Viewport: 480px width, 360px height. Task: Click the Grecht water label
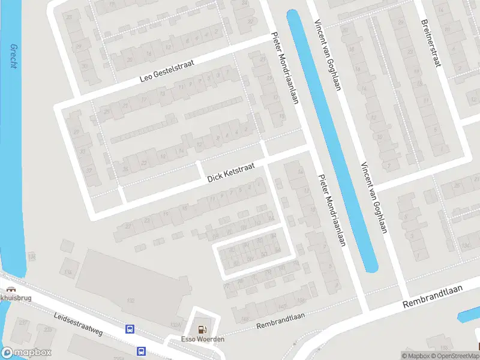13,56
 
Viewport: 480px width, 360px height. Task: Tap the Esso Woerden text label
203,340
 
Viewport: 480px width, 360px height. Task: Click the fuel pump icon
203,329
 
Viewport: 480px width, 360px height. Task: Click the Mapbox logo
26,353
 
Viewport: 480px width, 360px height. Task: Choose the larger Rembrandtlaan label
433,296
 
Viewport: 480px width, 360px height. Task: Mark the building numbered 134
68,273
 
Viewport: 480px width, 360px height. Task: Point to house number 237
25,323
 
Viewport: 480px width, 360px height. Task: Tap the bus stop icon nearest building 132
129,329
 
